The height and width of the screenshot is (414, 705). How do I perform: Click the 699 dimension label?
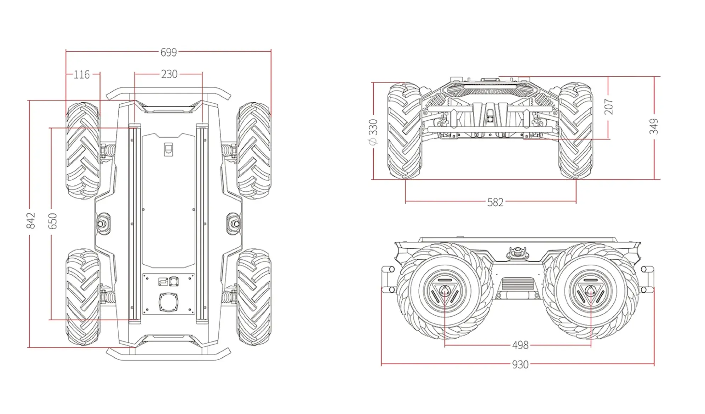click(168, 52)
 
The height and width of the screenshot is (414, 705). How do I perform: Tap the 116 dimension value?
click(82, 75)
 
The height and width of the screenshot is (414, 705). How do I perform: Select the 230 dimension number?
click(169, 74)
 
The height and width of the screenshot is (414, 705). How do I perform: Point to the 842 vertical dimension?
click(31, 220)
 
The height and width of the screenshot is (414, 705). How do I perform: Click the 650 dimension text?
click(52, 221)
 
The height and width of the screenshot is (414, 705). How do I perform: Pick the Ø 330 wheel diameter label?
click(373, 132)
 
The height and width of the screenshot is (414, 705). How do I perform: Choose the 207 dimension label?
click(608, 107)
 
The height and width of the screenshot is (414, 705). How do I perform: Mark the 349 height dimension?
click(654, 126)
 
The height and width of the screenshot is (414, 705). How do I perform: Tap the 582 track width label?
click(495, 202)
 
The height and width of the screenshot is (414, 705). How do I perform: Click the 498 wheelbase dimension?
click(520, 345)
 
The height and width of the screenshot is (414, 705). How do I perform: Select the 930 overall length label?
click(520, 364)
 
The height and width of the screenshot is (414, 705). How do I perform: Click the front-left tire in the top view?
click(82, 150)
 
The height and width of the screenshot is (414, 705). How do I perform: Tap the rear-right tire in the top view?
click(254, 297)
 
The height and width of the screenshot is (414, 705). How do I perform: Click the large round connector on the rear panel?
click(168, 303)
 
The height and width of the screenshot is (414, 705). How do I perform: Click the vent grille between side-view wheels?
click(517, 283)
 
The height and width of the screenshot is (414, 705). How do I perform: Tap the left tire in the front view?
click(405, 131)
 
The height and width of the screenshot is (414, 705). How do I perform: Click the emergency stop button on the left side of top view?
click(103, 223)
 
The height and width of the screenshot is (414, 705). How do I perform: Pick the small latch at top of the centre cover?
click(169, 149)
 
